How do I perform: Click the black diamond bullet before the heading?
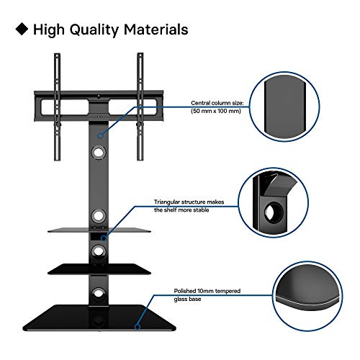(22, 29)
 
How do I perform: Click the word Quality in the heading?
(94, 30)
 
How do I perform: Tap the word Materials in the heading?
(156, 30)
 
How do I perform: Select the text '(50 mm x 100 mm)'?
(216, 111)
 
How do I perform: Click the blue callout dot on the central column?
(100, 136)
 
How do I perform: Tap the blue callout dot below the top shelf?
(104, 238)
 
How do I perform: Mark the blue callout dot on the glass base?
(138, 327)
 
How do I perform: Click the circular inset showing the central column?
(284, 107)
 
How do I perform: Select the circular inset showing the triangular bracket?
(274, 202)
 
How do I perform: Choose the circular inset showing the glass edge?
(307, 296)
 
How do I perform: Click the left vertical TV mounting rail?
(57, 107)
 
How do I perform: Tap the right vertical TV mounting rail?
(140, 107)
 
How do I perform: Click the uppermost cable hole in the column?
(99, 152)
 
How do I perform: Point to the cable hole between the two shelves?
(99, 251)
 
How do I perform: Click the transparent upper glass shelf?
(99, 230)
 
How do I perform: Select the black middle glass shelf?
(99, 269)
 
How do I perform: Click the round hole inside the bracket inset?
(274, 211)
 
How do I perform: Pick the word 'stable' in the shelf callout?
(201, 210)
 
